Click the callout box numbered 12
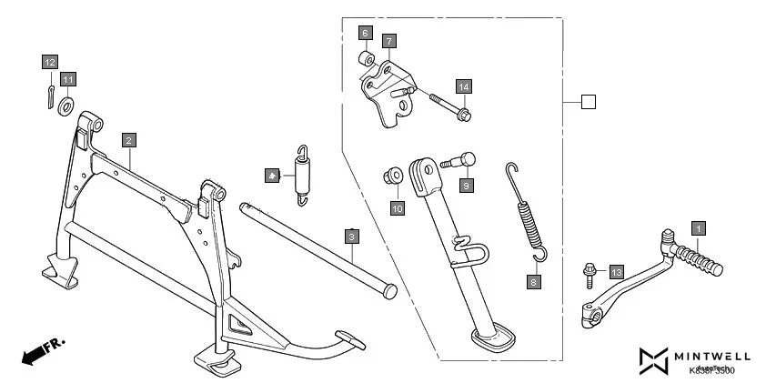pyautogui.click(x=49, y=62)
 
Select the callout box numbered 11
pyautogui.click(x=69, y=79)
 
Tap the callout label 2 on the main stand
pyautogui.click(x=129, y=140)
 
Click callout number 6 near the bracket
pyautogui.click(x=365, y=33)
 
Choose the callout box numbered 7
pyautogui.click(x=388, y=41)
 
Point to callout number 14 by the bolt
pyautogui.click(x=464, y=86)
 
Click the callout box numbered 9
pyautogui.click(x=466, y=186)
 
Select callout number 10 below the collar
pyautogui.click(x=397, y=208)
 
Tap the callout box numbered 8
pyautogui.click(x=534, y=281)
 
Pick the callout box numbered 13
pyautogui.click(x=616, y=272)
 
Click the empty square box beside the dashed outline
pyautogui.click(x=589, y=102)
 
